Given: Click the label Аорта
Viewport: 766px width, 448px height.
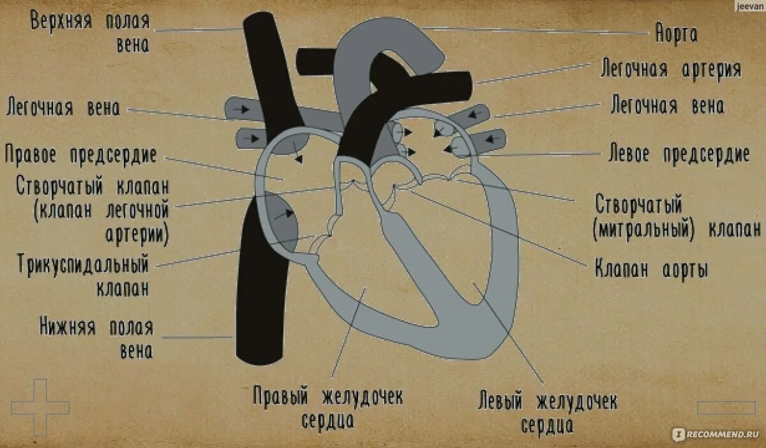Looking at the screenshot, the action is pyautogui.click(x=676, y=34).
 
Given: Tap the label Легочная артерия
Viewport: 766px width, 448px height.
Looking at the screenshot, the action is pyautogui.click(x=670, y=69).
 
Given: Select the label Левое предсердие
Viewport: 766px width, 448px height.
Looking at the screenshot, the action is pyautogui.click(x=679, y=154).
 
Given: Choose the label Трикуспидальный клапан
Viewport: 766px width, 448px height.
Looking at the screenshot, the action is pyautogui.click(x=84, y=274).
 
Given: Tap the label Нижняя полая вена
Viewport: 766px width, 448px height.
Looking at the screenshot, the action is pyautogui.click(x=96, y=339).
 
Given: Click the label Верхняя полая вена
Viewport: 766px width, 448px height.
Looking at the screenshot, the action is pyautogui.click(x=90, y=32).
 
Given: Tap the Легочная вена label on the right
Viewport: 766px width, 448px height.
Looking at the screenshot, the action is pyautogui.click(x=667, y=106).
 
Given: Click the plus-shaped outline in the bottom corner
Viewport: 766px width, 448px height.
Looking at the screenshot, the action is pyautogui.click(x=40, y=407).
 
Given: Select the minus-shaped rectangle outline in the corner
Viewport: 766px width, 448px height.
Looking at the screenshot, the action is pyautogui.click(x=726, y=407).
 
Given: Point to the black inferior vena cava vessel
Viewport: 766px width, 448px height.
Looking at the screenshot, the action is pyautogui.click(x=259, y=306).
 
